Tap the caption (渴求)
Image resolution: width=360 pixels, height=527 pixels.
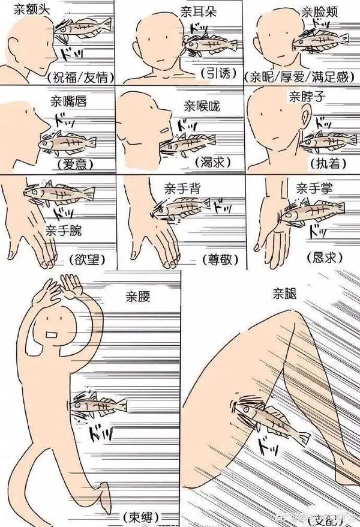point(212,163)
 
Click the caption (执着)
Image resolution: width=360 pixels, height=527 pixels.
point(326,163)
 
